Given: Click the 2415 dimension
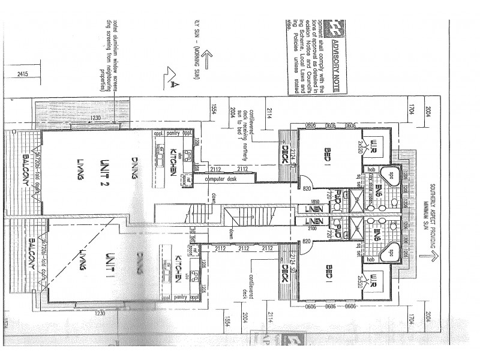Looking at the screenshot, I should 23,74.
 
